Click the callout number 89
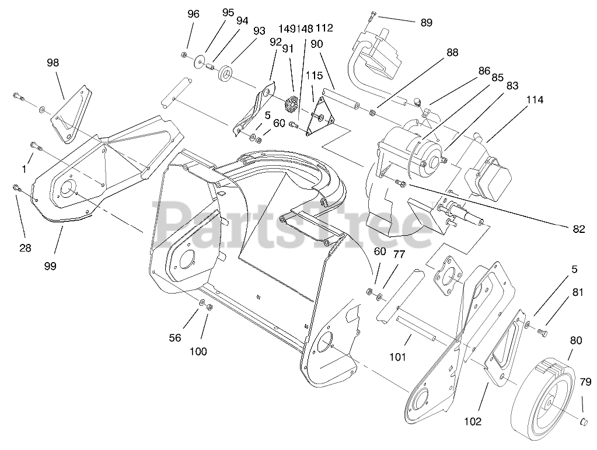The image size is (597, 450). pos(426,23)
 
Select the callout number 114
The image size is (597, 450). pos(534,100)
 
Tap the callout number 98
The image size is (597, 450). pos(53,62)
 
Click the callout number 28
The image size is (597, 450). pos(25,247)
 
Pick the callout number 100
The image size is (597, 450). pos(198,351)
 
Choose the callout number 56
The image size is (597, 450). pos(176,338)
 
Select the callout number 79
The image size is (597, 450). pos(586,382)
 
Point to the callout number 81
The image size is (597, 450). pos(577,293)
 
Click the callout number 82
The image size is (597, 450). pos(578,229)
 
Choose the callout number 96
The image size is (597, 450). pos(193,15)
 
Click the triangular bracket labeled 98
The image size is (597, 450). pos(71,114)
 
